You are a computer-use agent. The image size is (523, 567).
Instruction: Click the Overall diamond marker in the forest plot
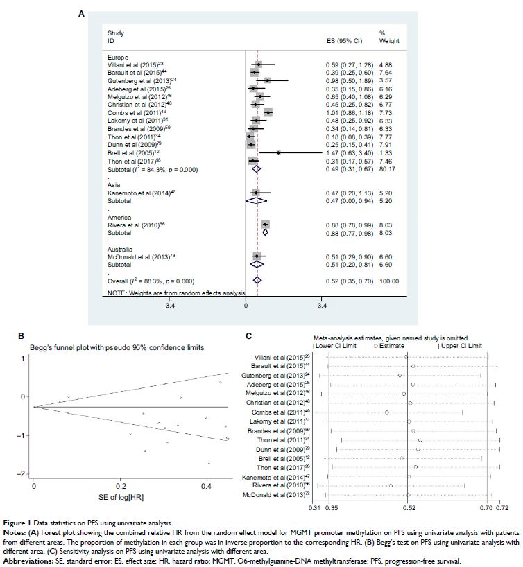tap(257, 280)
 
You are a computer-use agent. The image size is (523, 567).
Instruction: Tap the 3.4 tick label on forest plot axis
tap(322, 304)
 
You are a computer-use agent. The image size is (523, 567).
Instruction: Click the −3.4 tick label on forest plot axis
tap(168, 304)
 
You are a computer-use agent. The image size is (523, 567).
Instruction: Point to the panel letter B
tap(21, 335)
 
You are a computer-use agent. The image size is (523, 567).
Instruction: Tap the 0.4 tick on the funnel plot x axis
tap(207, 487)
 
